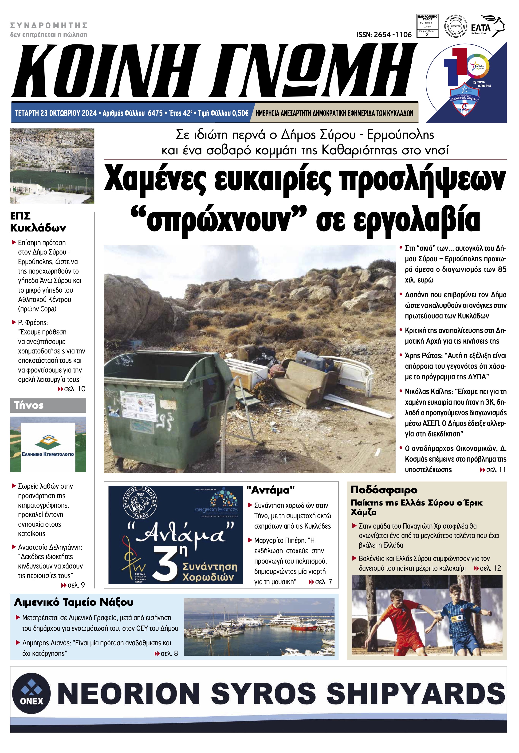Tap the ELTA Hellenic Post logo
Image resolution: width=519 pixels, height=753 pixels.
(x=488, y=26)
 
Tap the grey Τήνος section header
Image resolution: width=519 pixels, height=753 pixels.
(x=48, y=405)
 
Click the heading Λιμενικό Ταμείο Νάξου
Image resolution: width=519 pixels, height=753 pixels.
(x=74, y=602)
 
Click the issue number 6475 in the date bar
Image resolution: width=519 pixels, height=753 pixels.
(x=155, y=113)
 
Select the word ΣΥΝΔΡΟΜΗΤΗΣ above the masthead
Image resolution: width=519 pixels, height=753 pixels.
(x=49, y=25)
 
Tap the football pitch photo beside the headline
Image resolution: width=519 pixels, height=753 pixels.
(x=52, y=166)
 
